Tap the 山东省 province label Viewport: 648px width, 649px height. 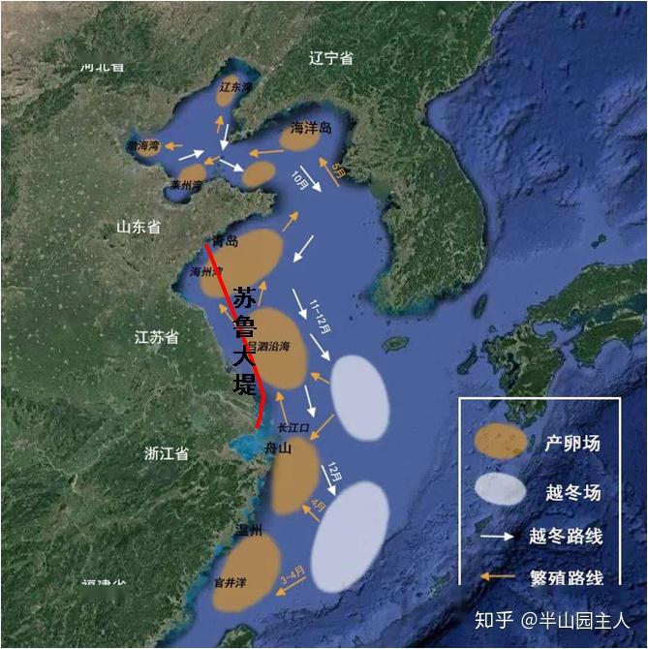point(139,227)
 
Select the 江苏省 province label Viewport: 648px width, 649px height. point(157,337)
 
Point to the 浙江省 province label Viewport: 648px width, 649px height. point(166,453)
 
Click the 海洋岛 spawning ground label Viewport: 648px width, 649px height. point(311,128)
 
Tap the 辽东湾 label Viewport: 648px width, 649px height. point(235,87)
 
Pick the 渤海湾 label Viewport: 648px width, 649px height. point(142,146)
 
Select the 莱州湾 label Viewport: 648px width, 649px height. point(185,184)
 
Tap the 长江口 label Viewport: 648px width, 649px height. point(292,426)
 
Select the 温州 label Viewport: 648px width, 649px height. point(248,530)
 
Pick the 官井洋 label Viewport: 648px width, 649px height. point(231,583)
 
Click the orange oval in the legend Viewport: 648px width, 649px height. point(500,442)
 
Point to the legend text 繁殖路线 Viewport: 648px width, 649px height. point(568,578)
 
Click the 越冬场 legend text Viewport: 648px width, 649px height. point(572,492)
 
